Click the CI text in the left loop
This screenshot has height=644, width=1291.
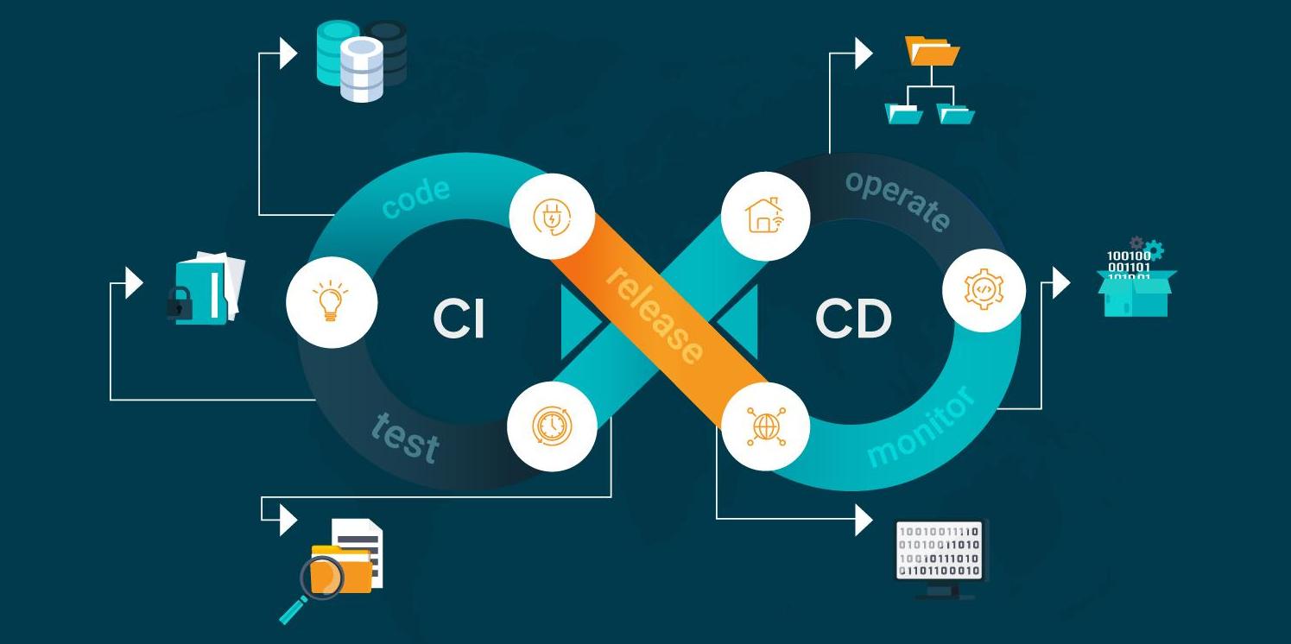coord(459,319)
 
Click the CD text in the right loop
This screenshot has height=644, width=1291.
coord(852,319)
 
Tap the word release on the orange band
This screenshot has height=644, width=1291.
coord(654,315)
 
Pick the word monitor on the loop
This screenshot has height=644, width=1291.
coord(921,427)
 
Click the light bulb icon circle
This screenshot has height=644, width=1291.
coord(332,302)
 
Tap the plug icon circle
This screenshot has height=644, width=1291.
coord(552,217)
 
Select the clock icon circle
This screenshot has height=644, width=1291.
coord(552,426)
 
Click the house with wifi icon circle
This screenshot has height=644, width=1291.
coord(764,216)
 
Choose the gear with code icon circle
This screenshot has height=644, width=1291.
coord(984,291)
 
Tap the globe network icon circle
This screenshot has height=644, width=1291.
coord(764,426)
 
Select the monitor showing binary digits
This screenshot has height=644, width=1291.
coord(940,552)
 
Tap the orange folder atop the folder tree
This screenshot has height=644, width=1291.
coord(933,51)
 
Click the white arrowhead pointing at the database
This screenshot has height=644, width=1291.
coord(288,54)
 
